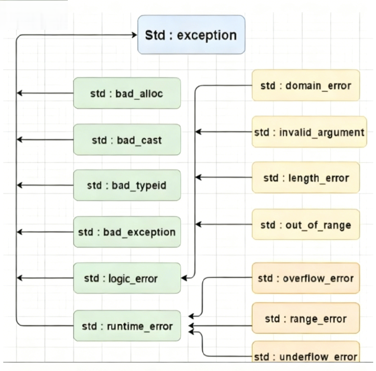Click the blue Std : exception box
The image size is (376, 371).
pyautogui.click(x=191, y=35)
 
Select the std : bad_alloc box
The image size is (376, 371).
pyautogui.click(x=127, y=93)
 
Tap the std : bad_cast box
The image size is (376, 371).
pyautogui.click(x=127, y=139)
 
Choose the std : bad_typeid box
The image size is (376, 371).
pyautogui.click(x=127, y=185)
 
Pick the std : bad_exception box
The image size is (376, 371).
pyautogui.click(x=127, y=232)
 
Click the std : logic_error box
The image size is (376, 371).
pyautogui.click(x=127, y=278)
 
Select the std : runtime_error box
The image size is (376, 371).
pyautogui.click(x=127, y=326)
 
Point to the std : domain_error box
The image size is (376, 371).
pyautogui.click(x=305, y=86)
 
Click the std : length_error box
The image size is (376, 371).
pyautogui.click(x=305, y=178)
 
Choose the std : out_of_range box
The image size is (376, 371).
pyautogui.click(x=305, y=225)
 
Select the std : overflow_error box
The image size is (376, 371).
pyautogui.click(x=305, y=278)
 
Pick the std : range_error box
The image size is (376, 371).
pyautogui.click(x=305, y=318)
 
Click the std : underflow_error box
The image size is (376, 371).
pyautogui.click(x=305, y=356)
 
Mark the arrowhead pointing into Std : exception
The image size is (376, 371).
pyautogui.click(x=135, y=35)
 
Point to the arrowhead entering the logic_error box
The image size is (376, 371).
pyautogui.click(x=184, y=278)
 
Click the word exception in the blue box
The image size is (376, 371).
pyautogui.click(x=211, y=35)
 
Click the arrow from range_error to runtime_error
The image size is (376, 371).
pyautogui.click(x=223, y=326)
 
